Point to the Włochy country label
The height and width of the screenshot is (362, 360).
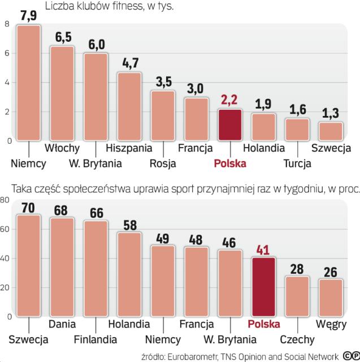pyautogui.click(x=62, y=149)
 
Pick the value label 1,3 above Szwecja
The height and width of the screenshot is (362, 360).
pyautogui.click(x=331, y=113)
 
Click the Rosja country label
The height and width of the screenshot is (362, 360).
pyautogui.click(x=163, y=163)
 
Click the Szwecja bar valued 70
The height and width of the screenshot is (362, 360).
pyautogui.click(x=28, y=265)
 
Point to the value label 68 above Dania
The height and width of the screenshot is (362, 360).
pyautogui.click(x=62, y=209)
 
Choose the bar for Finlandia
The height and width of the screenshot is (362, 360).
pyautogui.click(x=96, y=268)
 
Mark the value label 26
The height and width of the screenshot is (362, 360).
pyautogui.click(x=331, y=271)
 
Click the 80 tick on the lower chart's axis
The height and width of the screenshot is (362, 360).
pyautogui.click(x=5, y=200)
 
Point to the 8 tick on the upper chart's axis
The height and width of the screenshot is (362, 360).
pyautogui.click(x=6, y=24)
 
